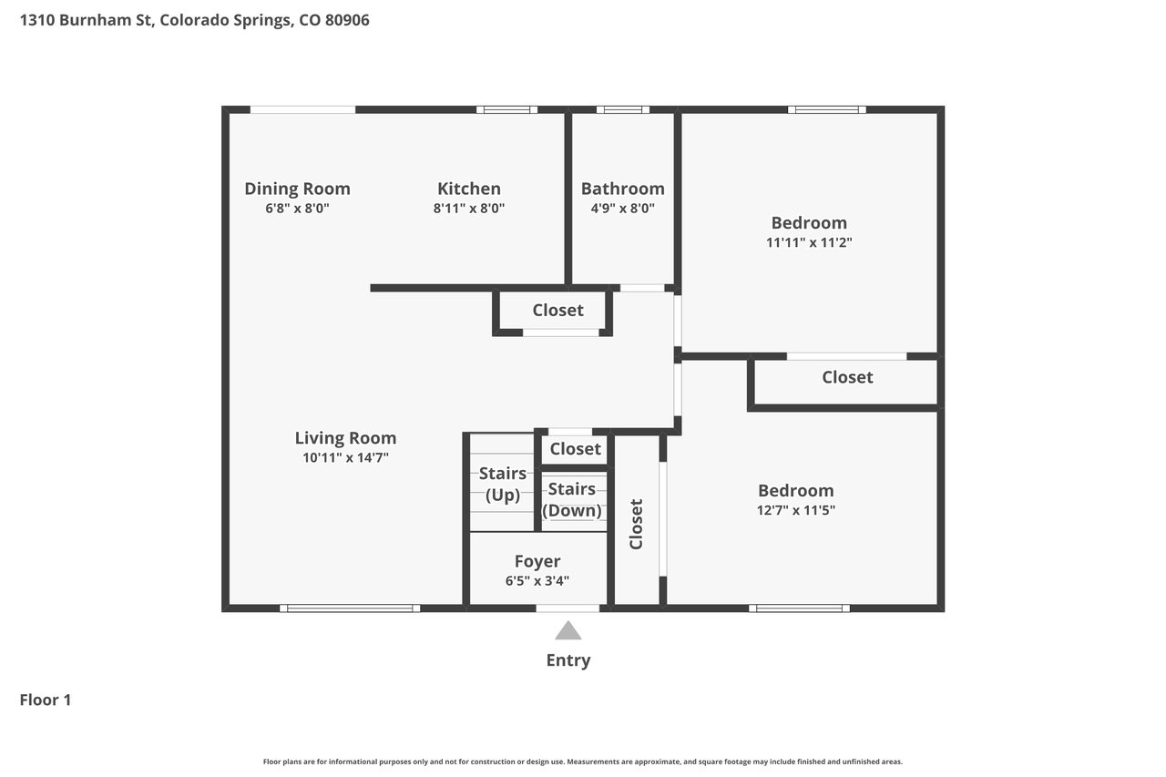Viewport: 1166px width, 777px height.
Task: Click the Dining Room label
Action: (x=297, y=189)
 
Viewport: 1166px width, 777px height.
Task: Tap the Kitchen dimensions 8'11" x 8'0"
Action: (x=469, y=209)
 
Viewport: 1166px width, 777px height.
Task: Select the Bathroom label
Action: (x=622, y=189)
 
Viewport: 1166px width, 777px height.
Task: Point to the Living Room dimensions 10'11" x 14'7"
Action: (x=345, y=457)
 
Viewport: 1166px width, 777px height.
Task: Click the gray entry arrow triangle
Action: (x=568, y=630)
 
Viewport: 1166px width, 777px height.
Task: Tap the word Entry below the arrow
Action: (x=568, y=660)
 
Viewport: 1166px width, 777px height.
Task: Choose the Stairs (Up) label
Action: (x=502, y=484)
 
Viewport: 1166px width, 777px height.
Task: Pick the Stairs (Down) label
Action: (x=571, y=499)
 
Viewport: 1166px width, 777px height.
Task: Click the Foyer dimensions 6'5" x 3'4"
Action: (x=537, y=581)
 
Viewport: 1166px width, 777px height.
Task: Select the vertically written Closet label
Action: (x=636, y=524)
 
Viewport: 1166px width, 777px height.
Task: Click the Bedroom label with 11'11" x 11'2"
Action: (x=809, y=223)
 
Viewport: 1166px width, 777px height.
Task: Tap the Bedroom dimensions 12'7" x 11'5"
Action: (x=796, y=510)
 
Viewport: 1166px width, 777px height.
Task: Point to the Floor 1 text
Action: (x=46, y=700)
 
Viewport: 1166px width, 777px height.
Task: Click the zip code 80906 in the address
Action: (x=347, y=20)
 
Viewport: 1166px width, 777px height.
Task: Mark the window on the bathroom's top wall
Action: (x=622, y=109)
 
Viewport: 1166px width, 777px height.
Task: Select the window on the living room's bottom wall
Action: (x=350, y=608)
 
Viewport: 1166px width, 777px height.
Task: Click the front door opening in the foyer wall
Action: (x=568, y=608)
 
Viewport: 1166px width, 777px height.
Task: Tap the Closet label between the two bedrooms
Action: (x=847, y=377)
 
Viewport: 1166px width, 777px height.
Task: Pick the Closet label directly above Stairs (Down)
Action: (x=575, y=448)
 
